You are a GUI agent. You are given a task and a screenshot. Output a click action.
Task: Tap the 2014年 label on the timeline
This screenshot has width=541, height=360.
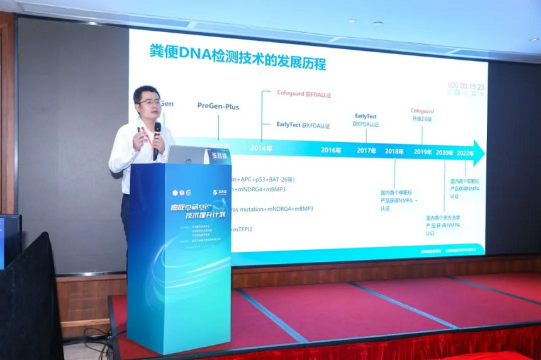(x=261, y=149)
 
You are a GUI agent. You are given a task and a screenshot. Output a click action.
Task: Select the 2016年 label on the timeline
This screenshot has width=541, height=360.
(x=331, y=150)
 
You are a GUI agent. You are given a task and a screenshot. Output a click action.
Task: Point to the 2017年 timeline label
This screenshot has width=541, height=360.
(x=366, y=150)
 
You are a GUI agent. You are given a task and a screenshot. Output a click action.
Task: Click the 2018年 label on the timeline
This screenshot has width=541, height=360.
(x=394, y=151)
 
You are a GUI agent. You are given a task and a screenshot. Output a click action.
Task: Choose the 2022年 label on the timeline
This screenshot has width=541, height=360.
(x=465, y=152)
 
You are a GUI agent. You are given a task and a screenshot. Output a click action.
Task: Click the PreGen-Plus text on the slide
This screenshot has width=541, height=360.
(x=218, y=106)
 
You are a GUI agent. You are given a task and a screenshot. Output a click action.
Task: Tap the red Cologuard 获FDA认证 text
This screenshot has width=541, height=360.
(x=304, y=94)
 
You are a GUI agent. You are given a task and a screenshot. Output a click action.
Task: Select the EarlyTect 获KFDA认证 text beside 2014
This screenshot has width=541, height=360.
(x=303, y=125)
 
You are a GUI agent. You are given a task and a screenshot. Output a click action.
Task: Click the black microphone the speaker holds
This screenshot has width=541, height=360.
(x=156, y=138)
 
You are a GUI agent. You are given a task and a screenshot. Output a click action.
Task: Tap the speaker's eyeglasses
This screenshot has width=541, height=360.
(x=150, y=101)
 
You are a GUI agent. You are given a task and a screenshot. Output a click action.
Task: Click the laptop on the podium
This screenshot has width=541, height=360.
(x=187, y=155)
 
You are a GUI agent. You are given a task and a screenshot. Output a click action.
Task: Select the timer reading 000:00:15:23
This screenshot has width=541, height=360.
(x=466, y=86)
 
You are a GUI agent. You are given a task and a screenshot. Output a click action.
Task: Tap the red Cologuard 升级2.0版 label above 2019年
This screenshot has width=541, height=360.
(x=422, y=115)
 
